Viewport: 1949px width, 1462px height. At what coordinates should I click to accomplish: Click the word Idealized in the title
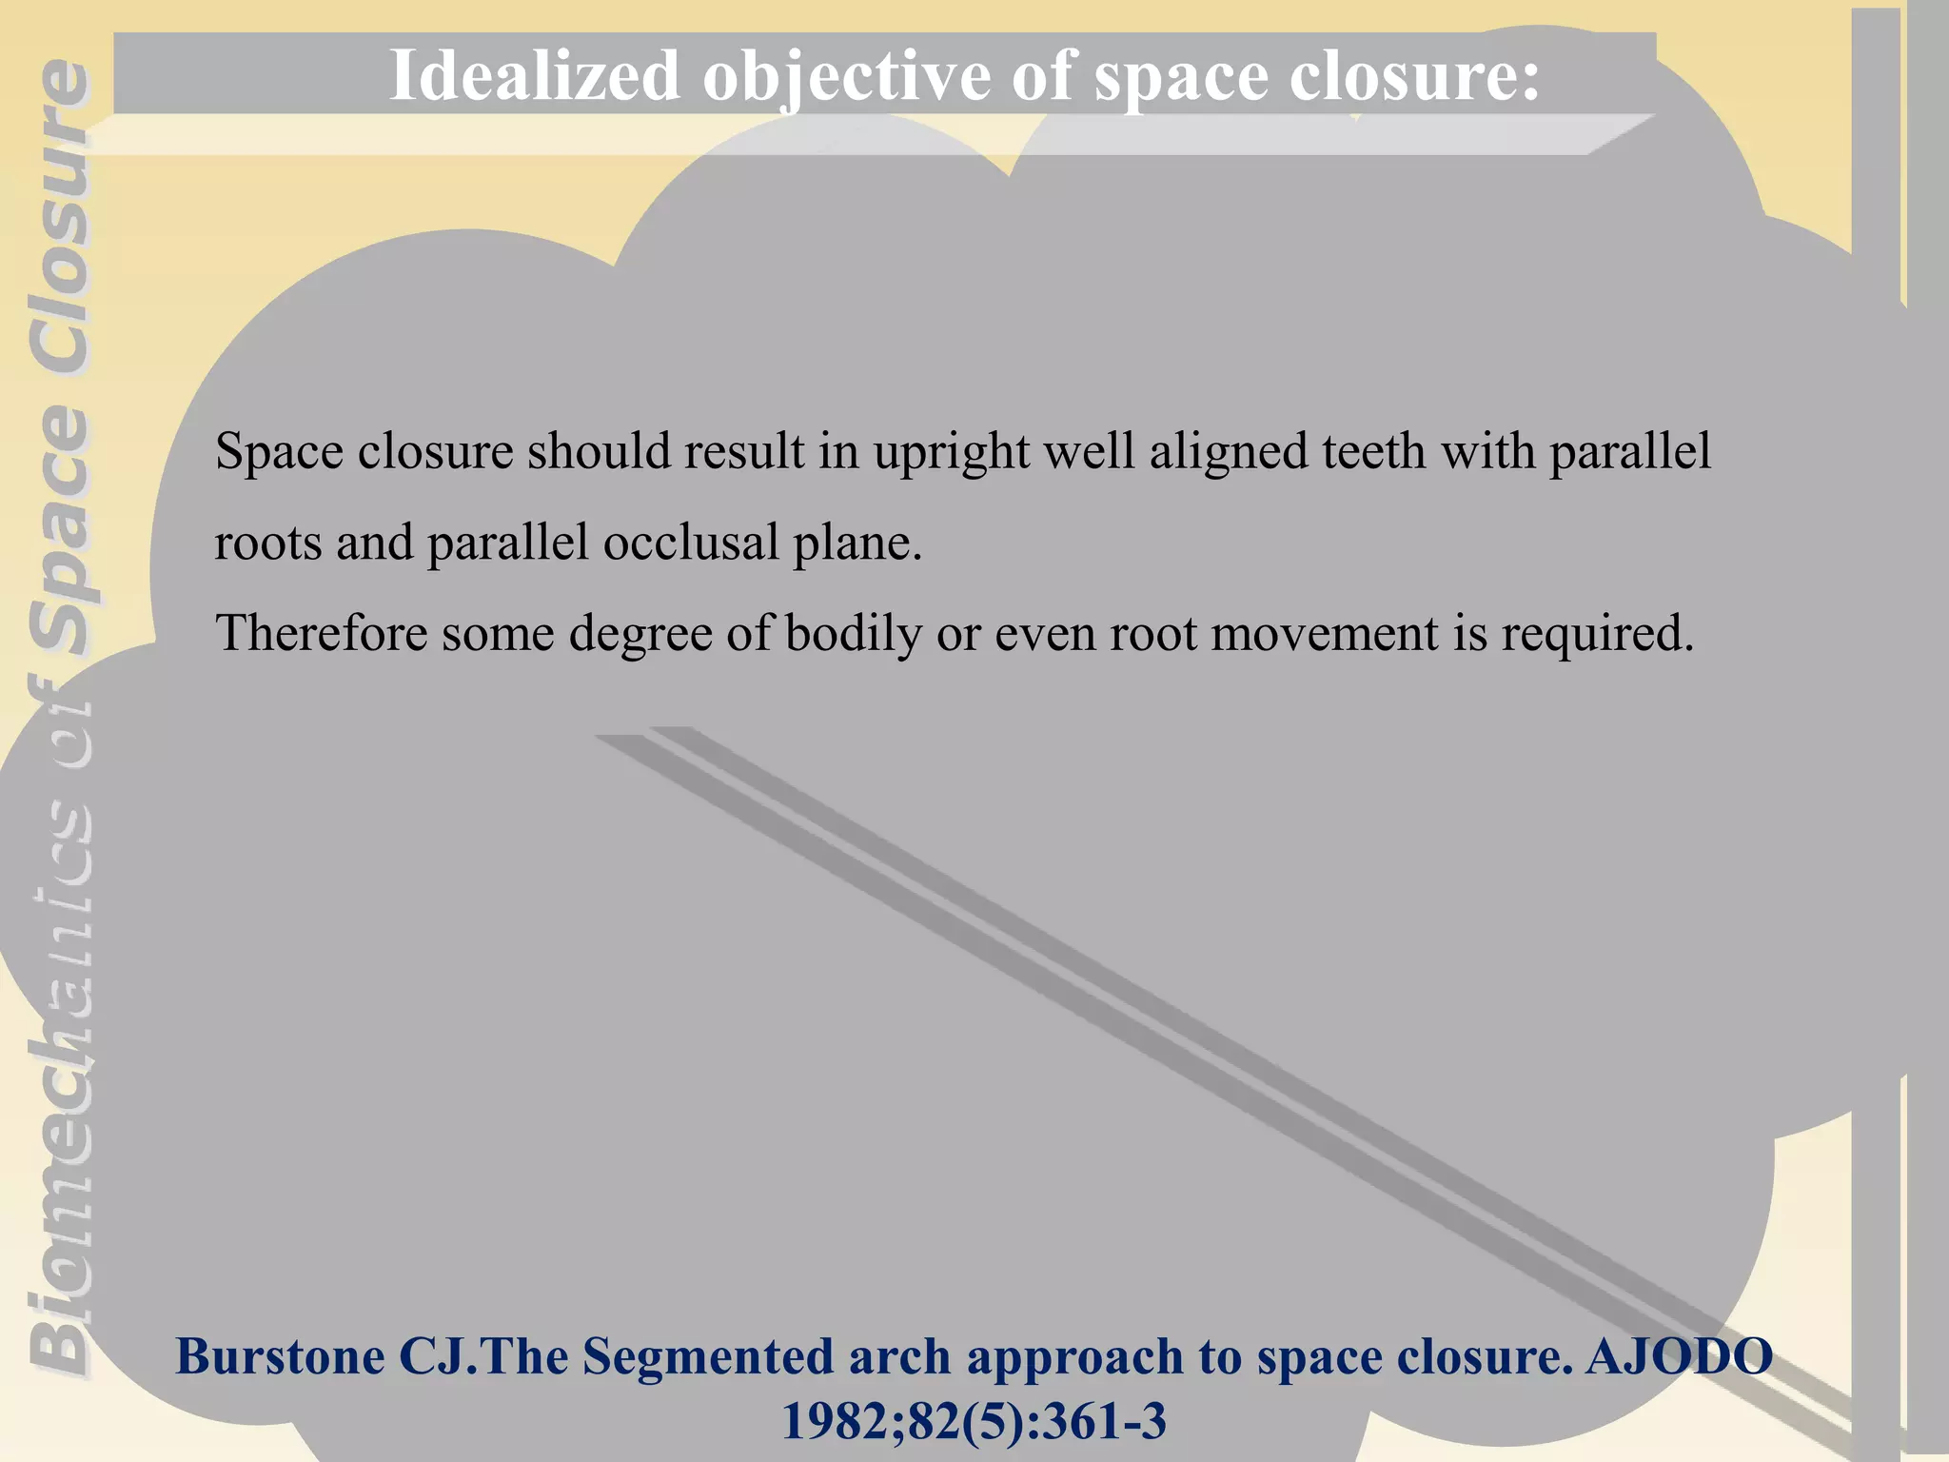pos(534,75)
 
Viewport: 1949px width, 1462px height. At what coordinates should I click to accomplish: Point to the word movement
pos(1324,633)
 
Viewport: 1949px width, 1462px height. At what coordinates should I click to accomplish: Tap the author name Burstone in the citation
pos(280,1356)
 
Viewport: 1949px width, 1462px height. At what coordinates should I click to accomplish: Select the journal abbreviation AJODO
pos(1679,1356)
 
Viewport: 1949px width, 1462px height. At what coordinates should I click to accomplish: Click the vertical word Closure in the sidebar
pos(59,219)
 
